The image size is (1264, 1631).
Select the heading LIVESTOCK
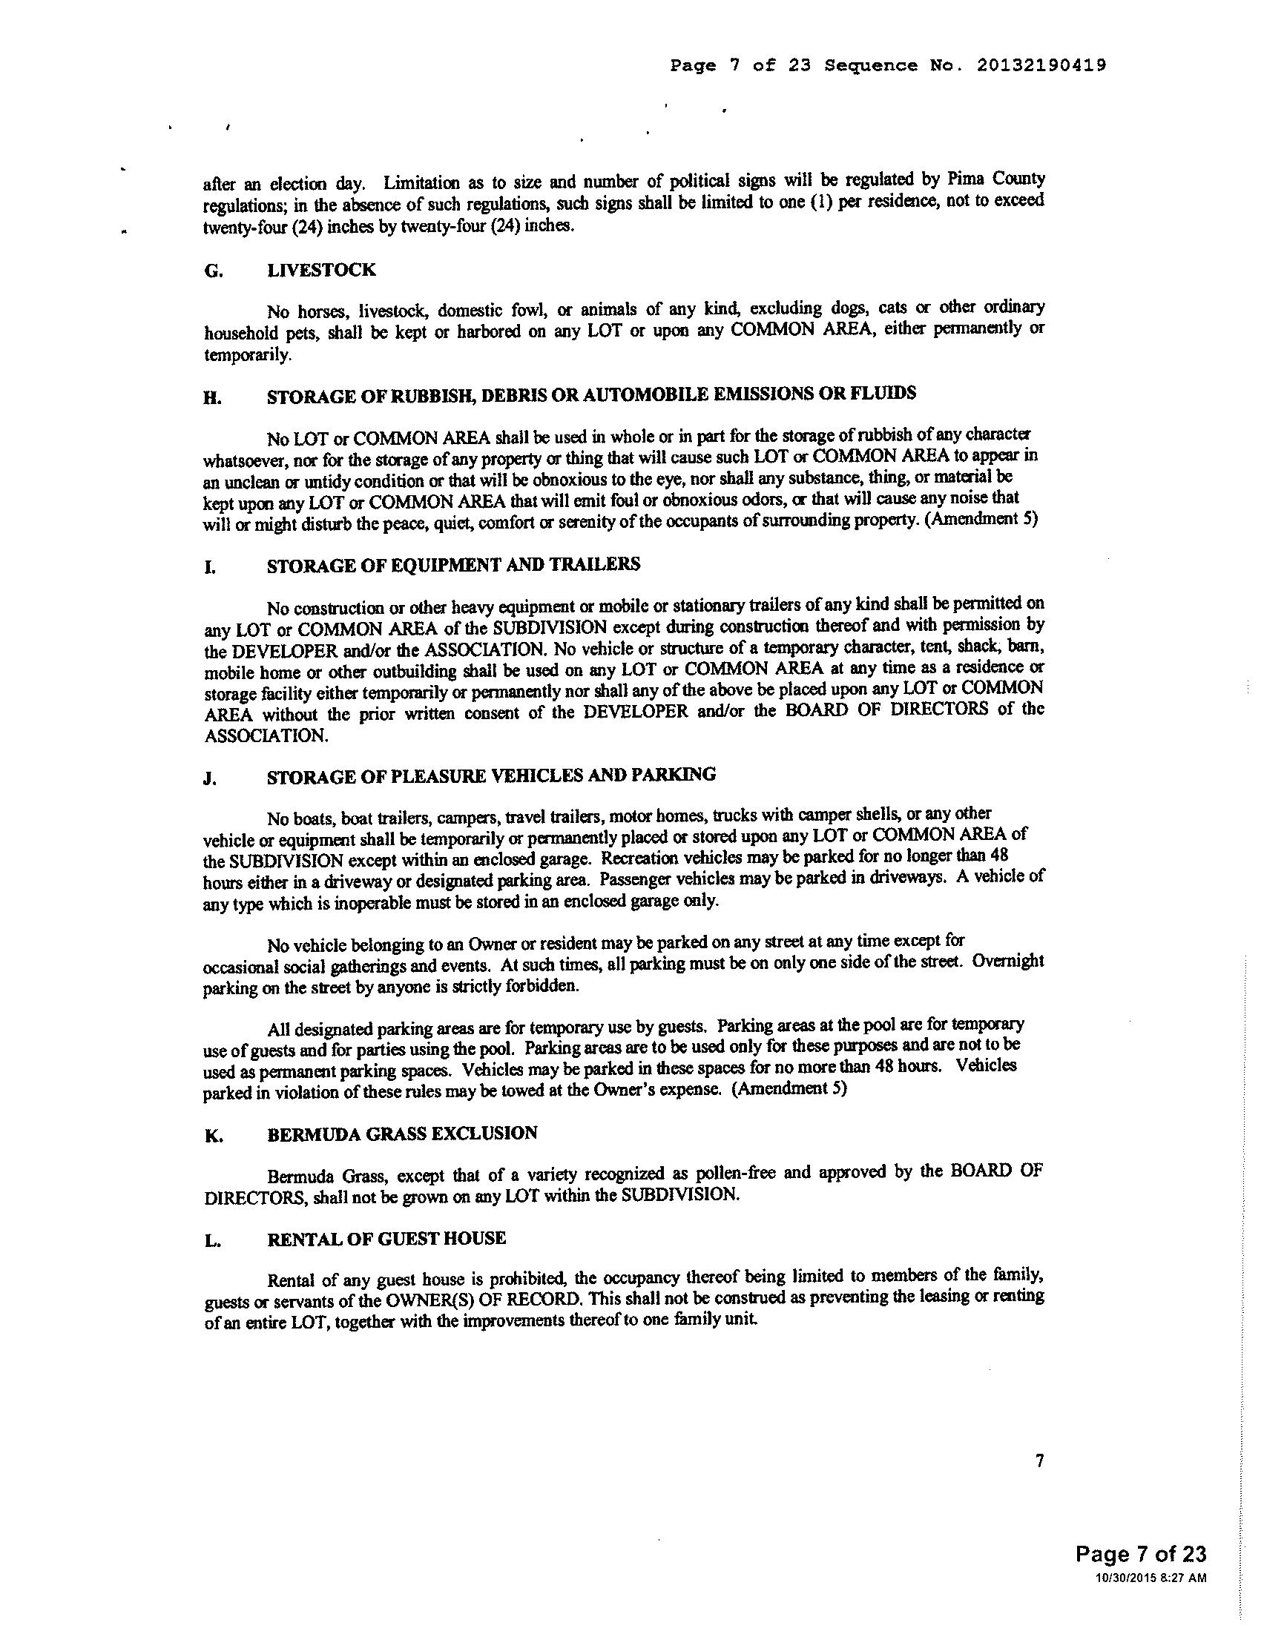pyautogui.click(x=321, y=271)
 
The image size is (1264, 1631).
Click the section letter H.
pyautogui.click(x=212, y=398)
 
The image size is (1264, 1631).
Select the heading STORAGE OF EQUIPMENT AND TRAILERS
pyautogui.click(x=453, y=565)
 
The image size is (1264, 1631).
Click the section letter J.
pyautogui.click(x=210, y=779)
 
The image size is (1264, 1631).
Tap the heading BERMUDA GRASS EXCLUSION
pyautogui.click(x=402, y=1133)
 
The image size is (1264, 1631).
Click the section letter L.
pyautogui.click(x=211, y=1242)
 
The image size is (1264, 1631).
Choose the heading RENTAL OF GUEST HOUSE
pyautogui.click(x=386, y=1239)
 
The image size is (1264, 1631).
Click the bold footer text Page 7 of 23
pyautogui.click(x=1141, y=1554)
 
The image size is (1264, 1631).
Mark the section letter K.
pyautogui.click(x=212, y=1136)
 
